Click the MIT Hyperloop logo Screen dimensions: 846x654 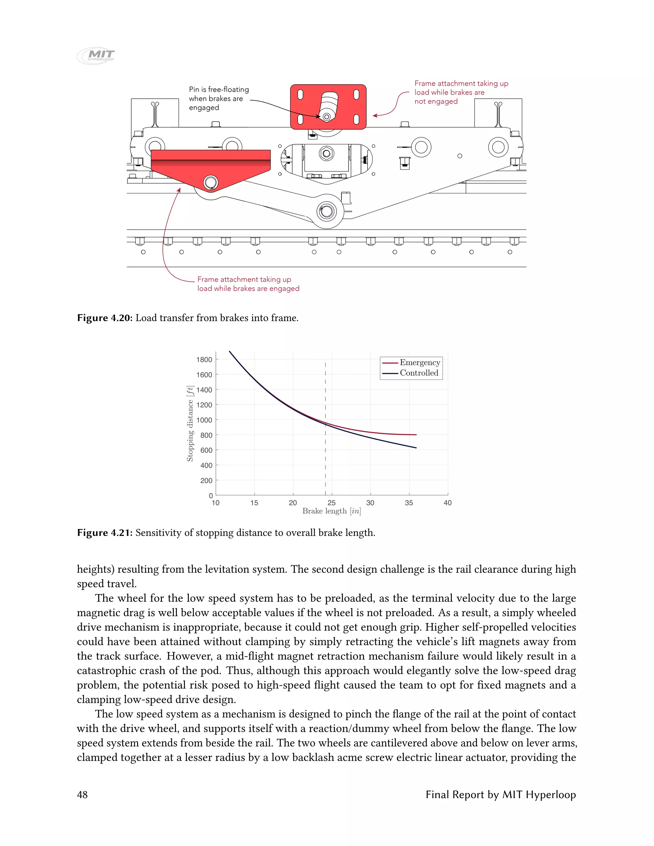[x=96, y=56]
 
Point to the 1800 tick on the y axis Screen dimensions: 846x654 [x=204, y=360]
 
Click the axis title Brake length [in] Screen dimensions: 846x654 [x=332, y=511]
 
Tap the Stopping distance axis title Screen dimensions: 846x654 [x=190, y=424]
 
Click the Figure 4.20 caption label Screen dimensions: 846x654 [x=105, y=318]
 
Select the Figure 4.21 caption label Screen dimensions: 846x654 [x=105, y=533]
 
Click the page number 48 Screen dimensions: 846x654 [x=82, y=795]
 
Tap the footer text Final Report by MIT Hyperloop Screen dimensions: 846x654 [x=501, y=795]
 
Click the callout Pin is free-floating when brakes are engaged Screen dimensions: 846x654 [x=219, y=98]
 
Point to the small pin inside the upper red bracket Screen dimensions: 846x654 [x=327, y=117]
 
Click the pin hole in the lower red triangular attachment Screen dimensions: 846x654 [x=210, y=182]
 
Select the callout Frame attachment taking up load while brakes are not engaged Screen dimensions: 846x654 [x=461, y=93]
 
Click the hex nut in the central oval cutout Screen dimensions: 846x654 [x=327, y=153]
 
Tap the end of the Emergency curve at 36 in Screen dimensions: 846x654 [x=416, y=434]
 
